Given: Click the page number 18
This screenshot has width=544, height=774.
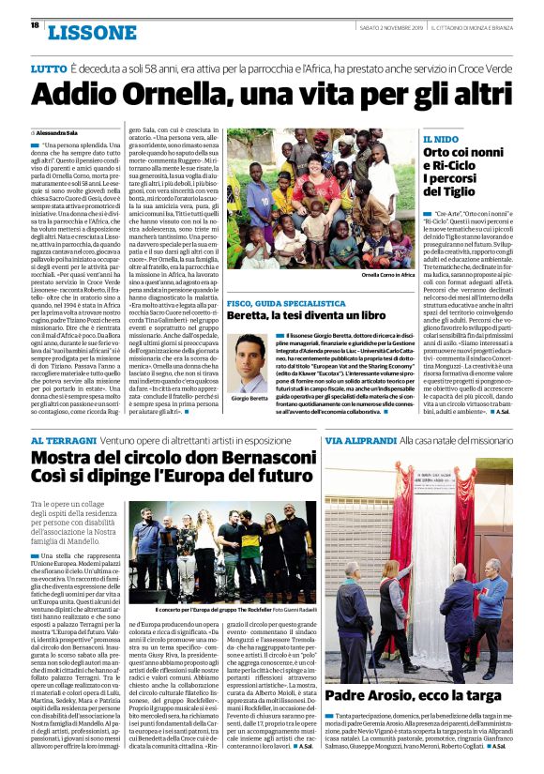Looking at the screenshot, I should [22, 26].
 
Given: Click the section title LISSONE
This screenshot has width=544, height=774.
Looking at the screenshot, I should [90, 34].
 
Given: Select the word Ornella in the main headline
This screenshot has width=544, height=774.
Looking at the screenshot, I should [185, 95].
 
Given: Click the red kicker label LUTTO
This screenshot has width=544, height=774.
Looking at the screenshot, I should [48, 69].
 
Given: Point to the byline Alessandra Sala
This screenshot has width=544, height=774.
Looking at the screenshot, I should [60, 135].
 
